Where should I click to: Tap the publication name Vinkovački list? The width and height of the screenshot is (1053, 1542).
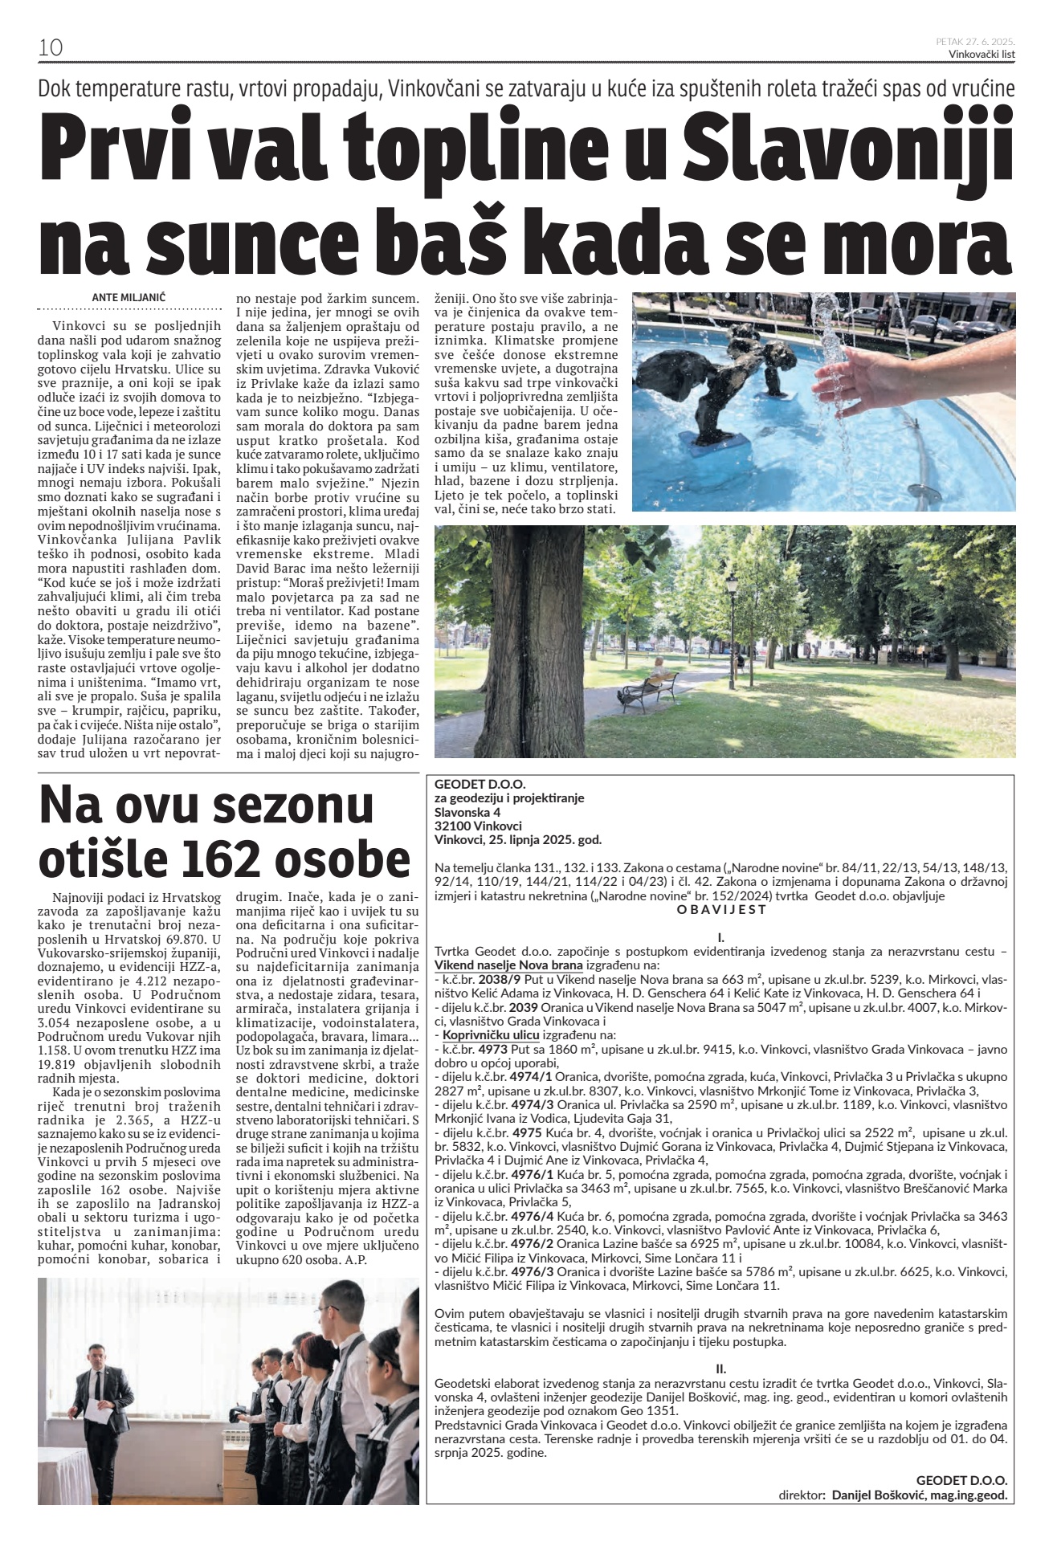(x=982, y=55)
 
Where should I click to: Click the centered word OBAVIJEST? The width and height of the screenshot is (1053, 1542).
(x=721, y=910)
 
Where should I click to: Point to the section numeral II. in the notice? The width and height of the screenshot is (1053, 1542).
(x=720, y=1368)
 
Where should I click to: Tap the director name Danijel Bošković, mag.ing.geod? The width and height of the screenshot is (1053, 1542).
(x=919, y=1495)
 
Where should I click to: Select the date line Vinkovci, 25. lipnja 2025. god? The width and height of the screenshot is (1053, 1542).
(x=517, y=840)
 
